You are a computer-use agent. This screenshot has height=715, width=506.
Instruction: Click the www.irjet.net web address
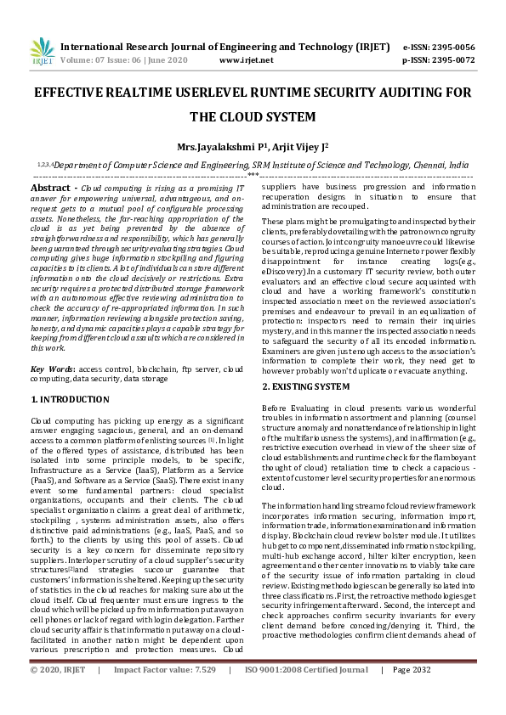(246, 60)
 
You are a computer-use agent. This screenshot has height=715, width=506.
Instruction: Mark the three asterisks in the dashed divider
(253, 174)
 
